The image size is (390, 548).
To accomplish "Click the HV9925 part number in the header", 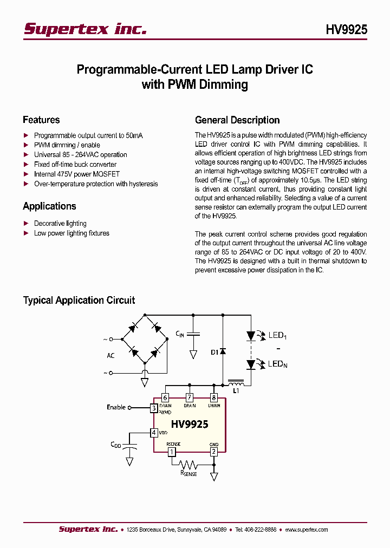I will [346, 30].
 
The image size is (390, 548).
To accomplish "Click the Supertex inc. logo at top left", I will [85, 29].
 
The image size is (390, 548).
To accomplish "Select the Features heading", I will [41, 120].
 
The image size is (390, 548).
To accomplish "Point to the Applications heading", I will [49, 206].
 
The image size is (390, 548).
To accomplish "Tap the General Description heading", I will [237, 120].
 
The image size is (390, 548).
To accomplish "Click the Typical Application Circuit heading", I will [79, 300].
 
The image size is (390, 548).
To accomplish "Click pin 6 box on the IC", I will [165, 397].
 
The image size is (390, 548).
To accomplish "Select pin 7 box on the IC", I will [189, 397].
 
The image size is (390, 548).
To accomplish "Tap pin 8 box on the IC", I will [214, 397].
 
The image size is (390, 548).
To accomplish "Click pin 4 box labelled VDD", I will [154, 433].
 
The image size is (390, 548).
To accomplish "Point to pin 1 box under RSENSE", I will [172, 451].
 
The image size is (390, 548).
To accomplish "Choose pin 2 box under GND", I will [214, 451].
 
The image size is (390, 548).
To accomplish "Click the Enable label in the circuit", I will [116, 407].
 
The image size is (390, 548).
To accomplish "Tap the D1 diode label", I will [214, 352].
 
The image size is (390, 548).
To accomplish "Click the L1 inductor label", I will [236, 390].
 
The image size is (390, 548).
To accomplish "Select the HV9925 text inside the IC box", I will [190, 424].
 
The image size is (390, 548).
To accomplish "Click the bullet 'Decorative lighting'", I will [60, 223].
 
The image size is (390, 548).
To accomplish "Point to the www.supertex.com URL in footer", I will [306, 530].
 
